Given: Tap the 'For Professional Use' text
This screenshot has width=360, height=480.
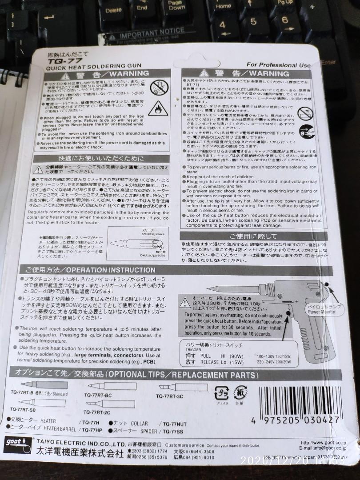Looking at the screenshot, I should [278, 65].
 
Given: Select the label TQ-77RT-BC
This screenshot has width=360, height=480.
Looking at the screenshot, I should [98, 395].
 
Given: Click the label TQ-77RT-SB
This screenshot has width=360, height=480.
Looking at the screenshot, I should [23, 409].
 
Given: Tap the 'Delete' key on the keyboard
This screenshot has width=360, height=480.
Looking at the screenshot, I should [113, 10].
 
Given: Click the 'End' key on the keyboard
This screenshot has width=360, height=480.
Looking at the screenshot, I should [142, 8].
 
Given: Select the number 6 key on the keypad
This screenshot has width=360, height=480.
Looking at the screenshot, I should [284, 20].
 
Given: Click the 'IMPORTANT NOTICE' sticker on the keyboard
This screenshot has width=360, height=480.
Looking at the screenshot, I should [152, 32].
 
